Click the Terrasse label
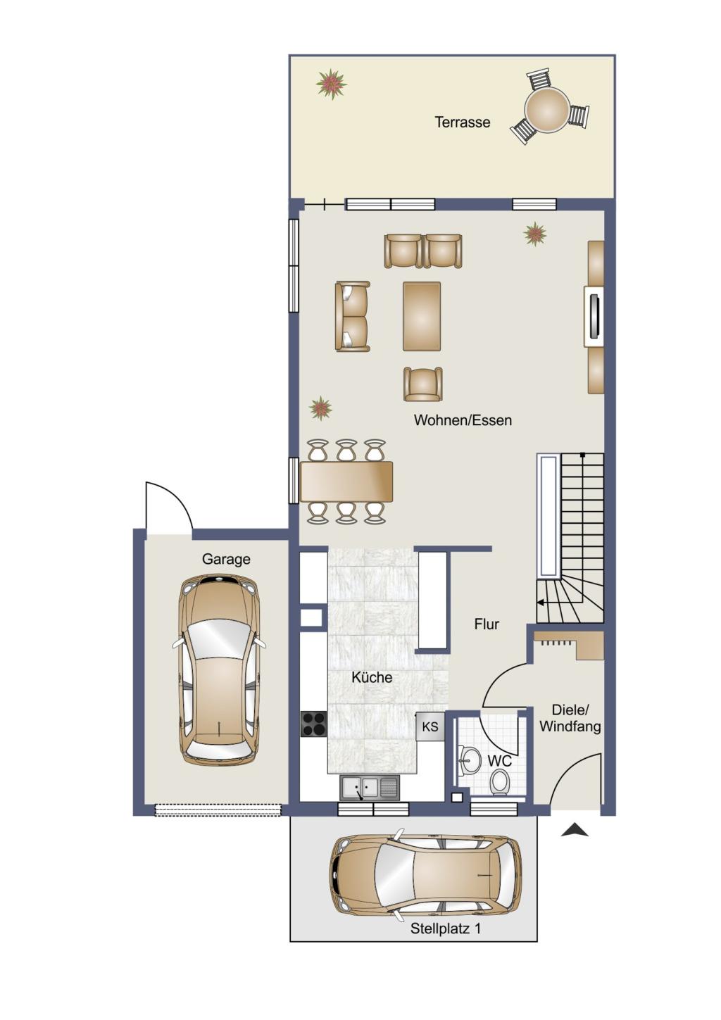tap(463, 122)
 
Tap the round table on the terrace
tap(546, 108)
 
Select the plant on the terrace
tap(332, 84)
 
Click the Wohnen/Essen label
tap(463, 420)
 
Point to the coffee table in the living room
tap(422, 316)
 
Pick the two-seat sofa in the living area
tap(352, 317)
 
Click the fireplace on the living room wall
tap(594, 317)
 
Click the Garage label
tap(226, 559)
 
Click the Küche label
tap(372, 677)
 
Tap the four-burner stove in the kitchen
tap(313, 724)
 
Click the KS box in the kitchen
tap(430, 726)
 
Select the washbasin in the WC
tap(469, 760)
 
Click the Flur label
tap(487, 624)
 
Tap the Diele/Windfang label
tap(570, 718)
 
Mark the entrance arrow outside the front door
tap(575, 830)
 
